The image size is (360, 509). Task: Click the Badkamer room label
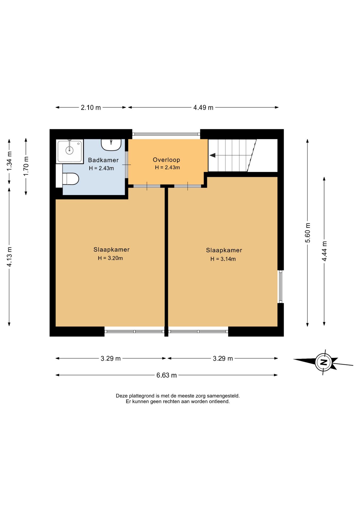click(103, 160)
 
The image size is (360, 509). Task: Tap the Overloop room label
click(166, 160)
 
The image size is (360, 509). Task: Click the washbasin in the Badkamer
click(111, 145)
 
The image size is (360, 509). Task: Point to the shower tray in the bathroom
click(70, 151)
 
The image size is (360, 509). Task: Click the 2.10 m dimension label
click(91, 108)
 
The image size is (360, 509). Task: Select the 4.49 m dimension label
click(203, 108)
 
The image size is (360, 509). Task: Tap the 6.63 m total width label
click(166, 375)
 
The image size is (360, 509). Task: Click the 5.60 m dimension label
click(308, 232)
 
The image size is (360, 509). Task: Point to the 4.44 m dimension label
click(324, 251)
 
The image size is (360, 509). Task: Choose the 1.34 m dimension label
click(9, 161)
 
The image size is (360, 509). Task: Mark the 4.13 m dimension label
click(9, 257)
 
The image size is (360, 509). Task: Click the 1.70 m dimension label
click(26, 166)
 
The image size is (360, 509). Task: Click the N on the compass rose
click(323, 362)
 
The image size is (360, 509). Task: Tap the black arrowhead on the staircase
click(212, 155)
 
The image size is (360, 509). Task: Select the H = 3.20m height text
click(110, 258)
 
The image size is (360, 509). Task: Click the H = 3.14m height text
click(223, 259)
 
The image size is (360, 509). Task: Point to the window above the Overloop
click(166, 134)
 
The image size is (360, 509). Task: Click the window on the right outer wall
click(280, 287)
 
